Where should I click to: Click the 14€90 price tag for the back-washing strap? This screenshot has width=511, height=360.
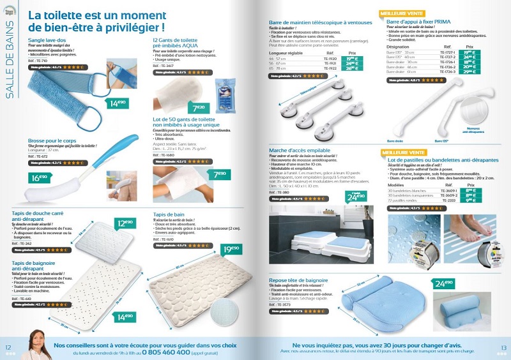point(118,103)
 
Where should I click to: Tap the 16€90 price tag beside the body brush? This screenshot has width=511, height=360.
point(40,178)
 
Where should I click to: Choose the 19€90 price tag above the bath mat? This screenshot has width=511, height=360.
point(231,249)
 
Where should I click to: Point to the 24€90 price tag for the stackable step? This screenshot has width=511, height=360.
point(356,197)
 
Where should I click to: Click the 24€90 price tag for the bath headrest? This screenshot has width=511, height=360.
point(444,283)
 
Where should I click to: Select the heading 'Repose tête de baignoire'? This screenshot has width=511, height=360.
point(298,280)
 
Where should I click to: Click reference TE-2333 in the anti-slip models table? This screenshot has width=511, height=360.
point(452,200)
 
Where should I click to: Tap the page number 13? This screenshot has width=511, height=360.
point(503,347)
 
